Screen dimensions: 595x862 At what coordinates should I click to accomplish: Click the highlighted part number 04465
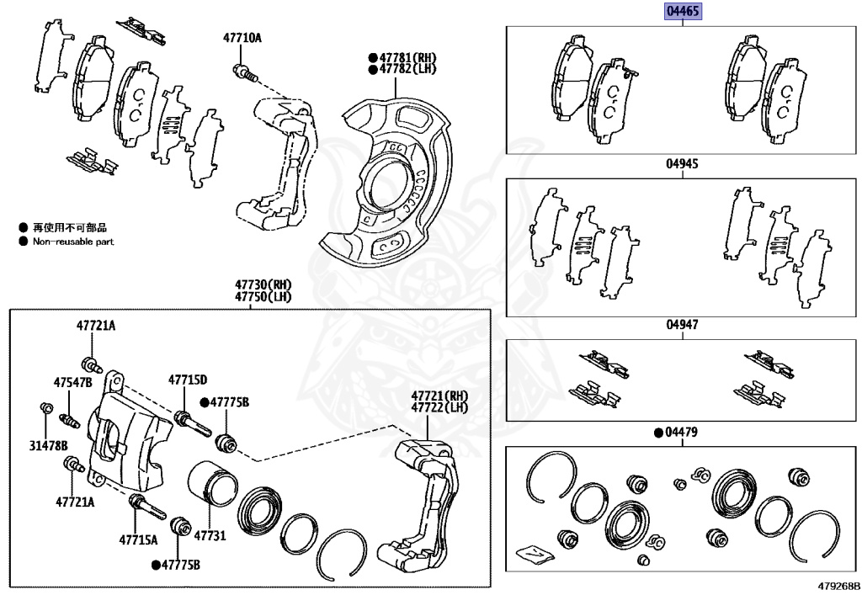click(683, 12)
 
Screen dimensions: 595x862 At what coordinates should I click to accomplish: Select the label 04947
click(683, 324)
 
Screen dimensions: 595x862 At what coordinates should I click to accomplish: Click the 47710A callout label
click(242, 38)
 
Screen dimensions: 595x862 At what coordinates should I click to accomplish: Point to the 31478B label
click(48, 445)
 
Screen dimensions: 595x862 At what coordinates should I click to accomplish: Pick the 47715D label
click(187, 380)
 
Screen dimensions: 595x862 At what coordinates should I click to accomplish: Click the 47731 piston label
click(210, 535)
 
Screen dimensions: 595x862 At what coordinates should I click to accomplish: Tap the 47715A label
click(138, 539)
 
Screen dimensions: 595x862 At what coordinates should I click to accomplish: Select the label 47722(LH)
click(439, 407)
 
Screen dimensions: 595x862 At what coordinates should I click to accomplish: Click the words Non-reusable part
click(73, 242)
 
